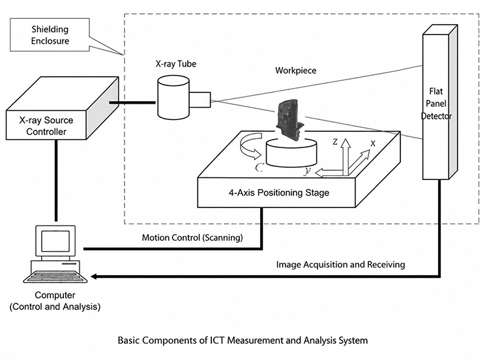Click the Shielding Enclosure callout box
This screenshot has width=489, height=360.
click(x=50, y=35)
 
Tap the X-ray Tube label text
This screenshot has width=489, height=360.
click(x=176, y=64)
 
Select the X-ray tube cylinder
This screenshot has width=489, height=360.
click(x=173, y=97)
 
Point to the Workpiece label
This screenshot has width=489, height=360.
click(x=295, y=70)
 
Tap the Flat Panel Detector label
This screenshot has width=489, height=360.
click(x=436, y=104)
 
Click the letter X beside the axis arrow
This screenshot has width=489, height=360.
click(x=373, y=143)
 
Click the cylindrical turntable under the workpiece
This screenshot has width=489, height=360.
click(x=291, y=153)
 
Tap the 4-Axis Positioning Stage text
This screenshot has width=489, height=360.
click(x=279, y=193)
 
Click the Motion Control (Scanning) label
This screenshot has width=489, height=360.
click(x=192, y=237)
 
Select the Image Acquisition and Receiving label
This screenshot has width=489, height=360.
click(x=340, y=265)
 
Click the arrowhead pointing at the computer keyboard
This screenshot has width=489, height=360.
click(x=93, y=277)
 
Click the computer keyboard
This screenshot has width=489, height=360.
click(x=55, y=277)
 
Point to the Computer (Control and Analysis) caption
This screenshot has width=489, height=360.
click(x=55, y=301)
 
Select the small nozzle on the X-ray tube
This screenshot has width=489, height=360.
click(x=200, y=100)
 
